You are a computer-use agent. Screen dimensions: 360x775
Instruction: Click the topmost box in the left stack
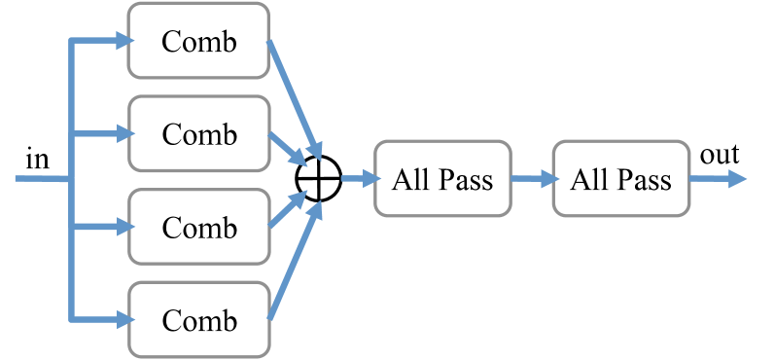click(198, 40)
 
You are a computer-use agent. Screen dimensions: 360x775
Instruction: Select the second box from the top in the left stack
click(198, 133)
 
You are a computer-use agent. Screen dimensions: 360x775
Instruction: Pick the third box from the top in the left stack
click(198, 227)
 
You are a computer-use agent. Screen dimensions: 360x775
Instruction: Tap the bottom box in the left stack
click(198, 319)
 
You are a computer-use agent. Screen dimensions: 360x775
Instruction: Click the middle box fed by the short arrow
click(442, 178)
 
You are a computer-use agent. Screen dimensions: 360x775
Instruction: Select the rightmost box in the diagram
click(621, 178)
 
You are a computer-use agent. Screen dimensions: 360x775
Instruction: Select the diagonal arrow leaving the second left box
click(288, 148)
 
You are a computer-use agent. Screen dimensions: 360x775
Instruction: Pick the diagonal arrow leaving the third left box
click(288, 209)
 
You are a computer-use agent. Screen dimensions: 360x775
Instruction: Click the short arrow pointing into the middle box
click(359, 178)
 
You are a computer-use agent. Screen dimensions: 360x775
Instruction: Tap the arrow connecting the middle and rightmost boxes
click(534, 179)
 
